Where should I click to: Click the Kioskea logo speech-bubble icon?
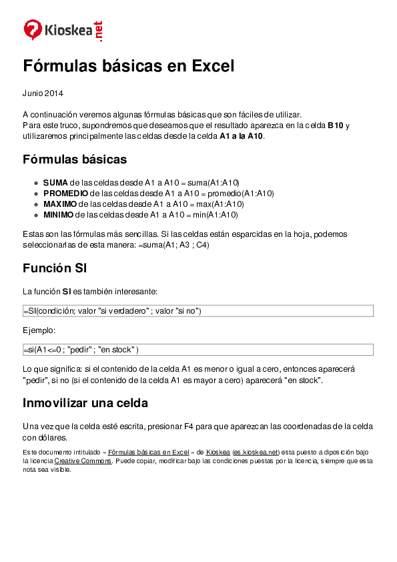(x=33, y=30)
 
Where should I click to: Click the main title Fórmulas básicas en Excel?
(x=129, y=66)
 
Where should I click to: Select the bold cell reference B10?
(x=336, y=125)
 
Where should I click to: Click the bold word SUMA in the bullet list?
(x=55, y=182)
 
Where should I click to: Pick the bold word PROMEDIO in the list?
(x=65, y=193)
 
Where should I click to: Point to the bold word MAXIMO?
(x=59, y=204)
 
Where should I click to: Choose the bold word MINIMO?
(x=58, y=214)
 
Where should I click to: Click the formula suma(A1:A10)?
(x=213, y=182)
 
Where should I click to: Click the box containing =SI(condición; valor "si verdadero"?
(x=197, y=311)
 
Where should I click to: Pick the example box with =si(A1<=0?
(x=197, y=350)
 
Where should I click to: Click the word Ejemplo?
(x=39, y=330)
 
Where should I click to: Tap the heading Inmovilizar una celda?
(x=85, y=403)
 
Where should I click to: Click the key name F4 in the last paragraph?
(x=189, y=427)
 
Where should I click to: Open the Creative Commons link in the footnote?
(x=83, y=461)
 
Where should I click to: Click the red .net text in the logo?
(x=100, y=31)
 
